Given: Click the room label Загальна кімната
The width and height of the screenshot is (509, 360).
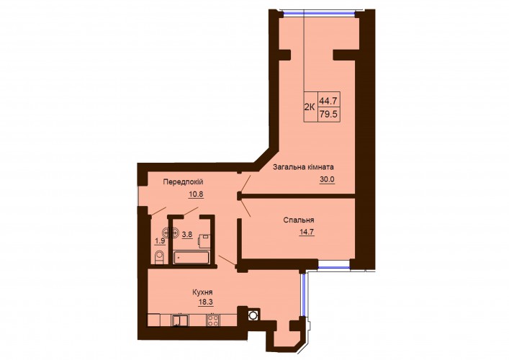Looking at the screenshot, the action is click(303, 168).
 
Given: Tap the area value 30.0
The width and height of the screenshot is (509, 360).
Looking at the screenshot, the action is click(327, 179).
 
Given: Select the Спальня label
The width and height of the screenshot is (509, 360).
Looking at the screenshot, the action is click(299, 220).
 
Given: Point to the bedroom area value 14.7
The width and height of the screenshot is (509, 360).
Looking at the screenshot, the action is click(307, 232).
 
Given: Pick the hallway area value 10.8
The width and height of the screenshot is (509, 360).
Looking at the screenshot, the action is click(196, 194).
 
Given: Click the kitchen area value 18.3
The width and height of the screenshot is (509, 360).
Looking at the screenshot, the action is click(205, 302).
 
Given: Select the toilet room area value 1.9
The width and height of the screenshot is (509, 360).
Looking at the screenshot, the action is click(160, 241).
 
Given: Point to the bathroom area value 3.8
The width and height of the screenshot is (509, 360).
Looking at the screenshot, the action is click(187, 235).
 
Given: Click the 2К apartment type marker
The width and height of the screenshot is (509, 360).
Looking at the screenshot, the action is click(310, 107).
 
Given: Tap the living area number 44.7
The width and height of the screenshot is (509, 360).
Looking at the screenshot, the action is click(328, 101).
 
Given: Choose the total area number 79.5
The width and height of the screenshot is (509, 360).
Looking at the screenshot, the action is click(328, 114).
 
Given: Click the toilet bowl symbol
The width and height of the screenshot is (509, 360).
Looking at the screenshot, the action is click(159, 258).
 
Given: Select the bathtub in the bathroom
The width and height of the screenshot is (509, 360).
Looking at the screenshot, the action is click(191, 258).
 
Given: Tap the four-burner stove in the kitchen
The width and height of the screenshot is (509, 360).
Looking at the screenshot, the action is click(212, 320).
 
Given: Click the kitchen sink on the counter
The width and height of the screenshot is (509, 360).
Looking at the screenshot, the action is click(179, 320).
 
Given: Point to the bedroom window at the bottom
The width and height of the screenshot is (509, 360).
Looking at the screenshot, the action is click(334, 266).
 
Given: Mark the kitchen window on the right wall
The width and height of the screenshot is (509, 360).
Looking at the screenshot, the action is click(302, 294).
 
